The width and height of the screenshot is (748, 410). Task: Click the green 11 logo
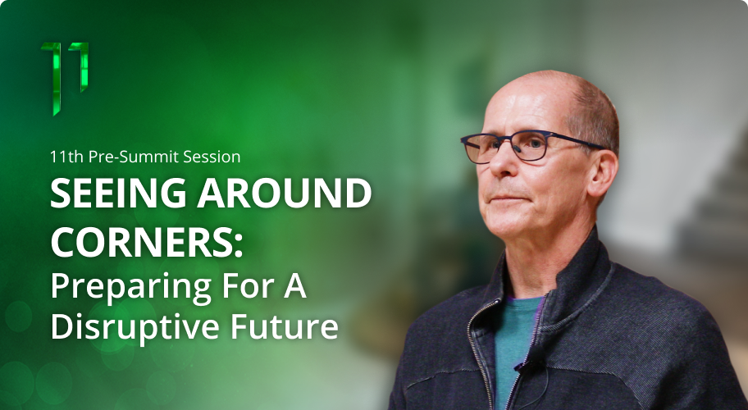click(65, 78)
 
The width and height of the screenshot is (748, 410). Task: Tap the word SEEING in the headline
click(112, 195)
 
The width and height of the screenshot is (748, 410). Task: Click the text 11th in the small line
click(66, 154)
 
